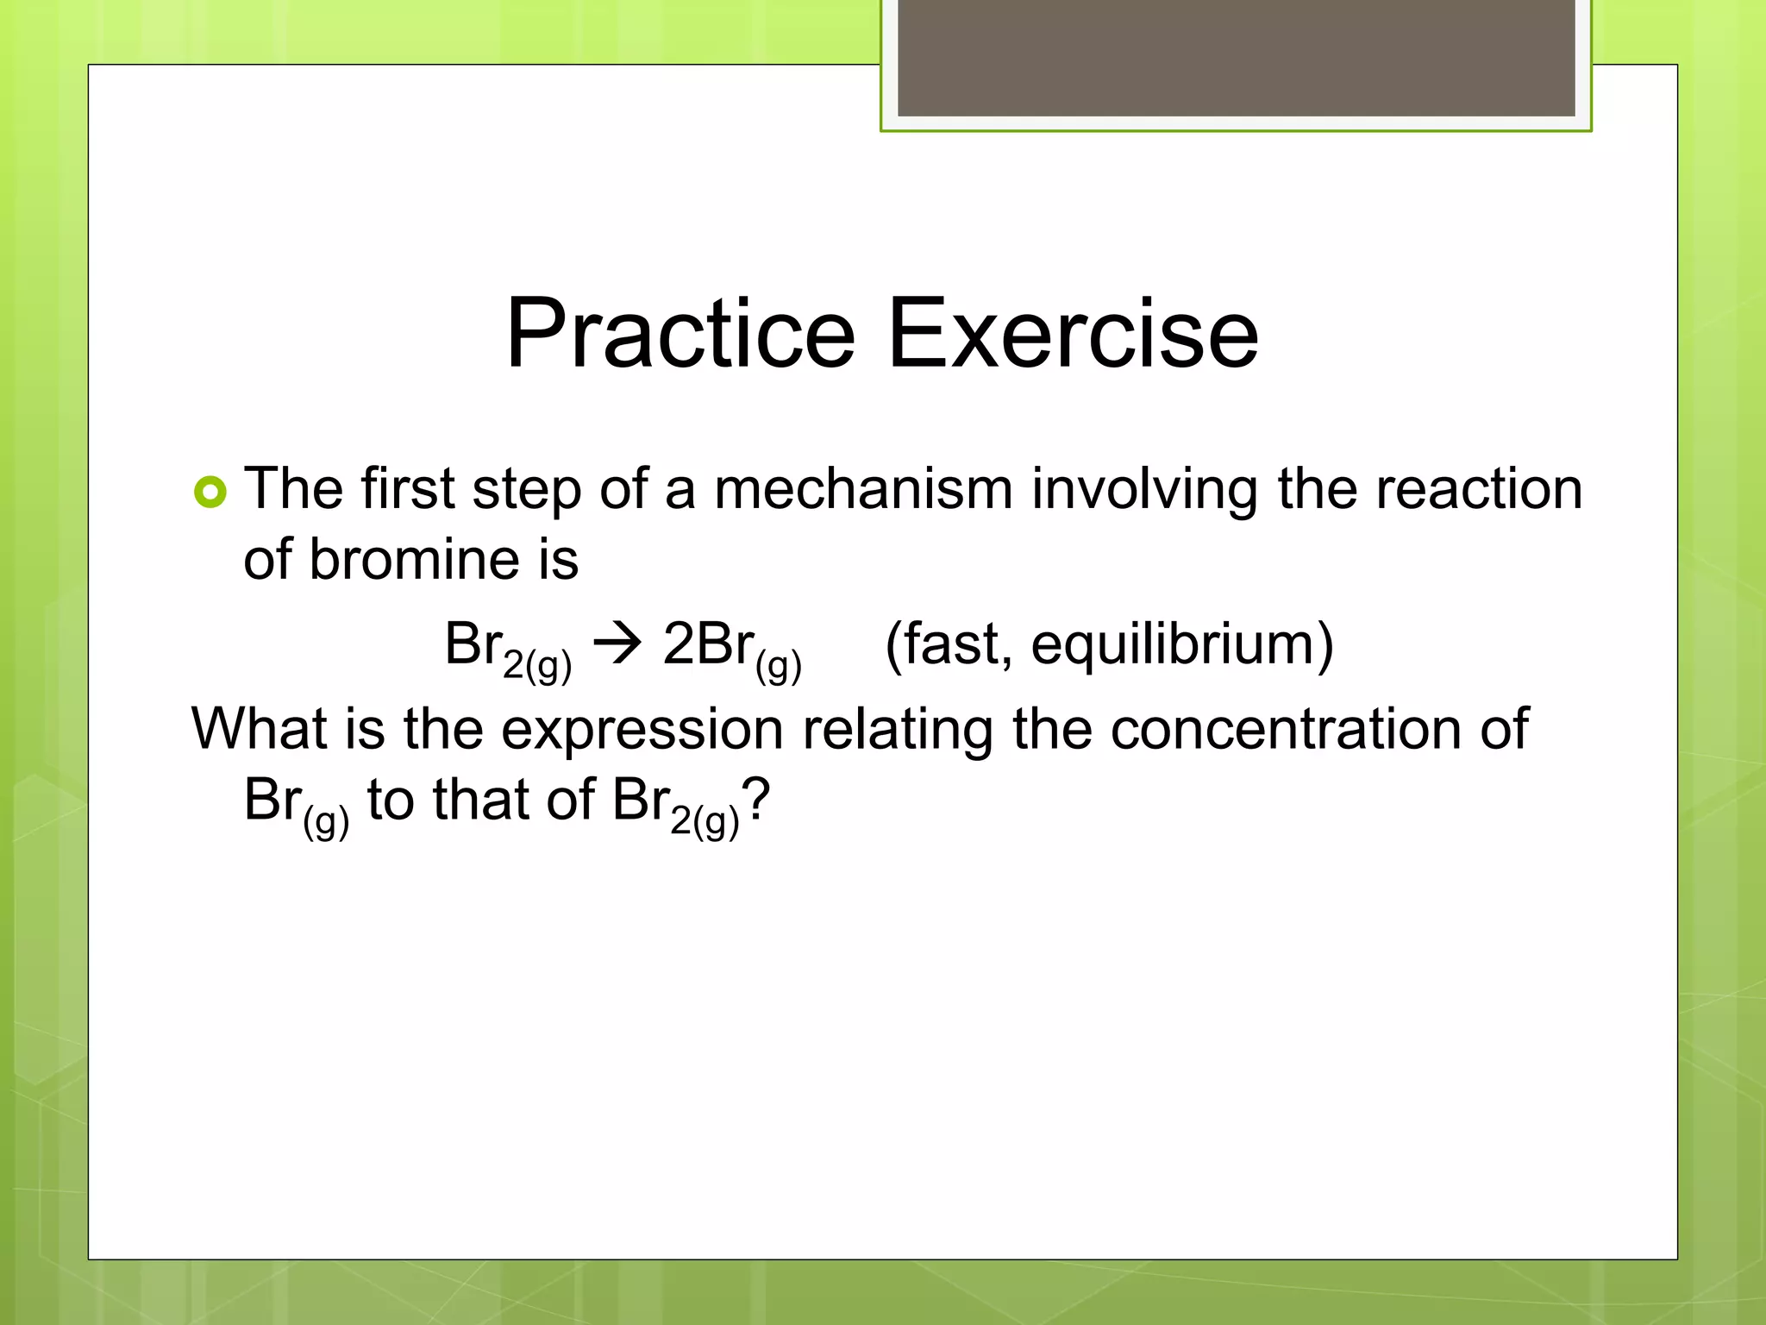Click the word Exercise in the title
pos(1073,335)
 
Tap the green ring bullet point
pos(210,493)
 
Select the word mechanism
pos(863,490)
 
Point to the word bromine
pos(414,561)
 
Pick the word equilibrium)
pos(1182,645)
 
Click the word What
pos(258,730)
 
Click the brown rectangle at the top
pos(1236,58)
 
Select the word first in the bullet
pos(407,490)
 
